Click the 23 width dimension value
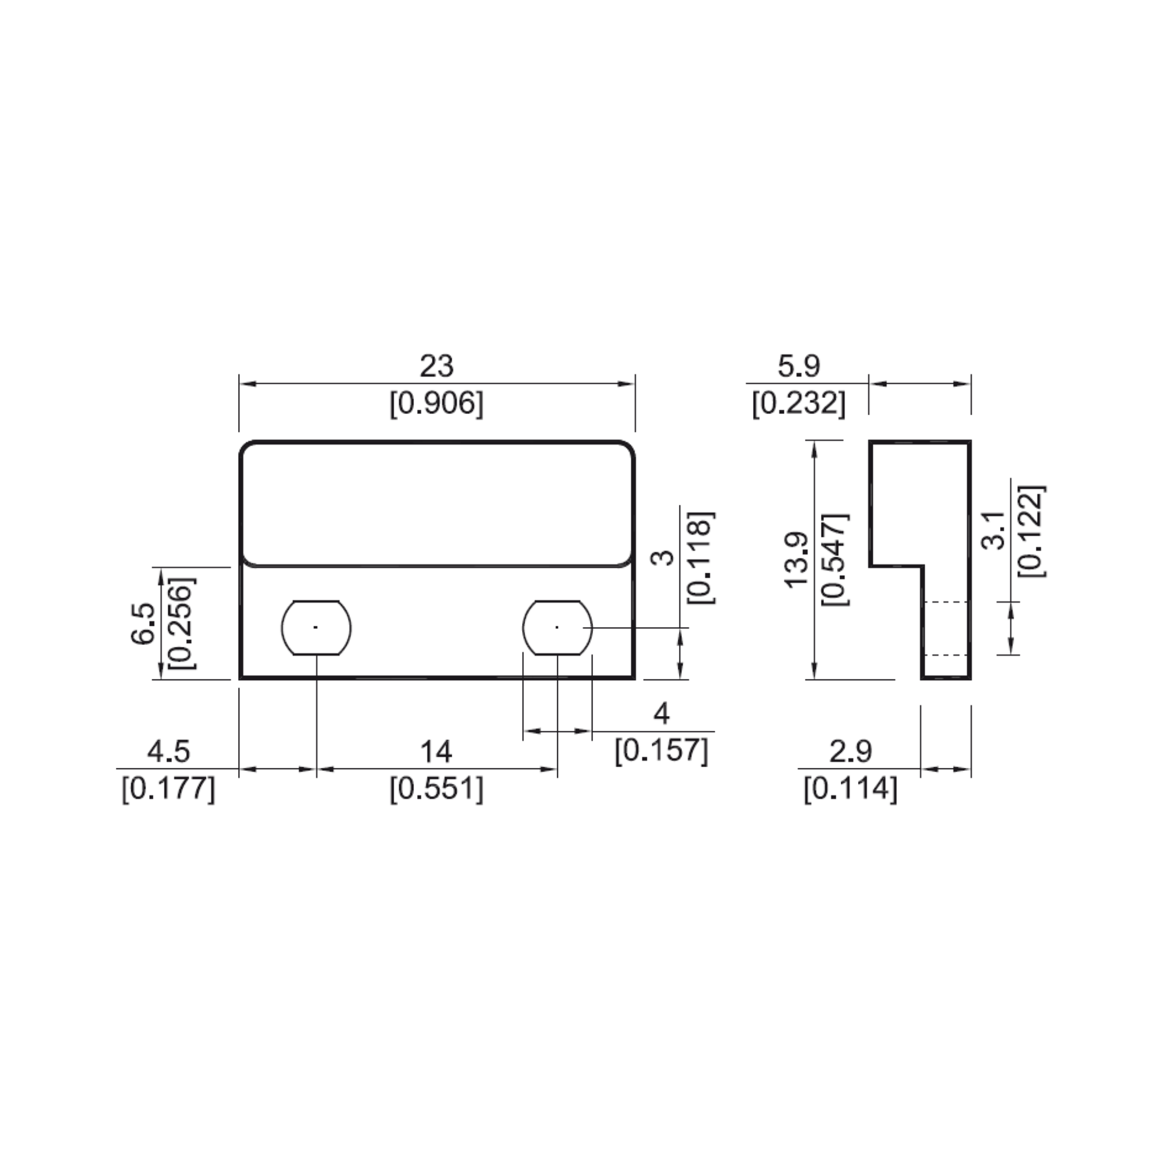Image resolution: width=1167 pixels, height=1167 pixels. (436, 367)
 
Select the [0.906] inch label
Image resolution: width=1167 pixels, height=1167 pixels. (436, 404)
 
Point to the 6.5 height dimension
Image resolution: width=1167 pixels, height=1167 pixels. (144, 624)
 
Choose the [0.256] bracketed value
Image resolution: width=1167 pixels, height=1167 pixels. (182, 623)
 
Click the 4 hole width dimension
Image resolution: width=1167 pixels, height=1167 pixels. (661, 715)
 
